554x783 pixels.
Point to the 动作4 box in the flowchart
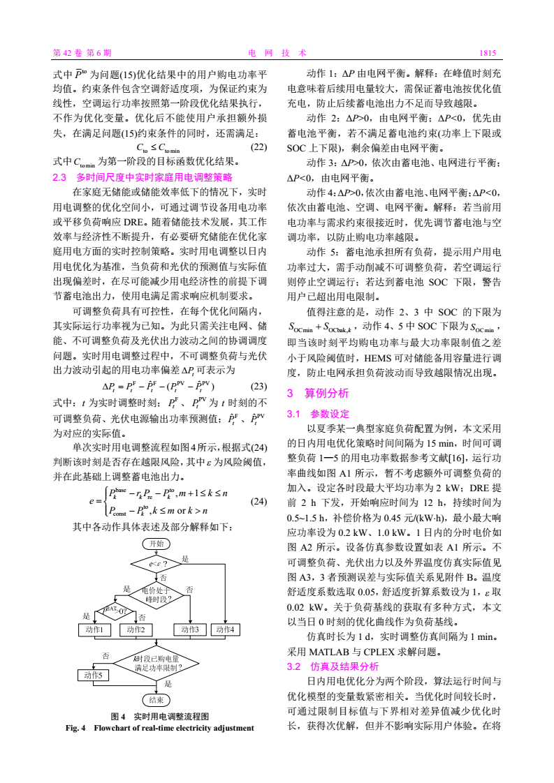(227, 629)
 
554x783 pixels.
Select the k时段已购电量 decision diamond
(157, 662)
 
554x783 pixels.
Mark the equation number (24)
(258, 500)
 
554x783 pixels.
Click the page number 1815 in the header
(487, 52)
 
